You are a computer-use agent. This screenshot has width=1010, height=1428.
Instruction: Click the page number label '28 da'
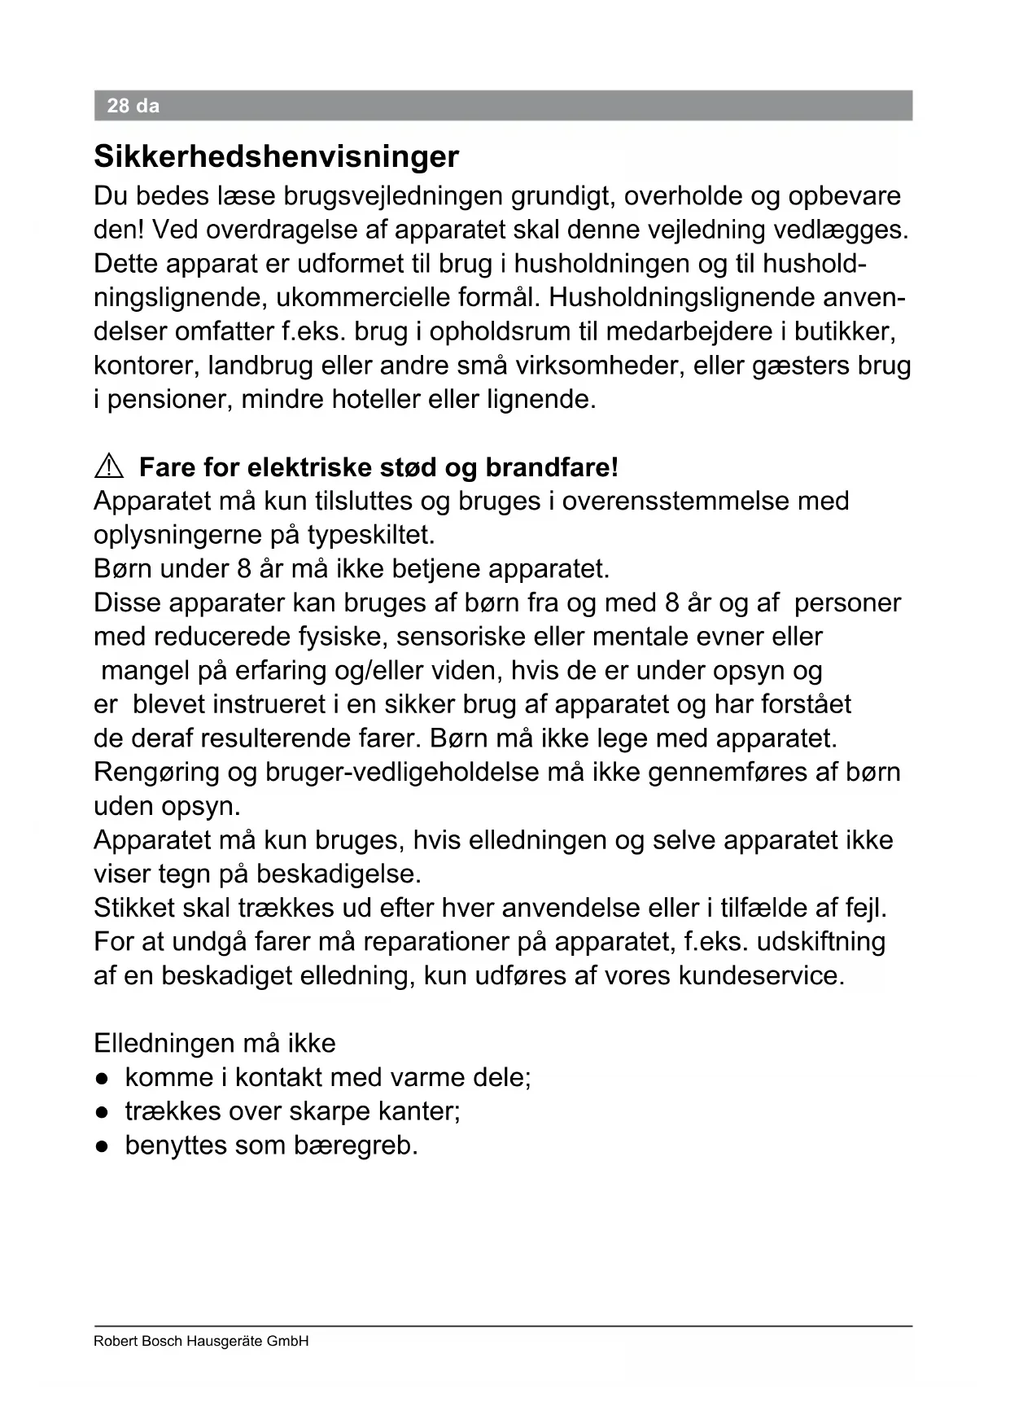(133, 106)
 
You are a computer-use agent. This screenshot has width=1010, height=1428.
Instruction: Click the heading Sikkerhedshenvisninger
(276, 156)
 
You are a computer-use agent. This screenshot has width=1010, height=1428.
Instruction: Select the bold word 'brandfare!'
(552, 467)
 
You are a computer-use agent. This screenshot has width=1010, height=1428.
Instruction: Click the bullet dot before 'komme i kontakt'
(102, 1079)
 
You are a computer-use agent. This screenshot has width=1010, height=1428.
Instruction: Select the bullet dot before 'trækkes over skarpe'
(102, 1112)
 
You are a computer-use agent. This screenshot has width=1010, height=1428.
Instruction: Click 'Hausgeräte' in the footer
(225, 1341)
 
